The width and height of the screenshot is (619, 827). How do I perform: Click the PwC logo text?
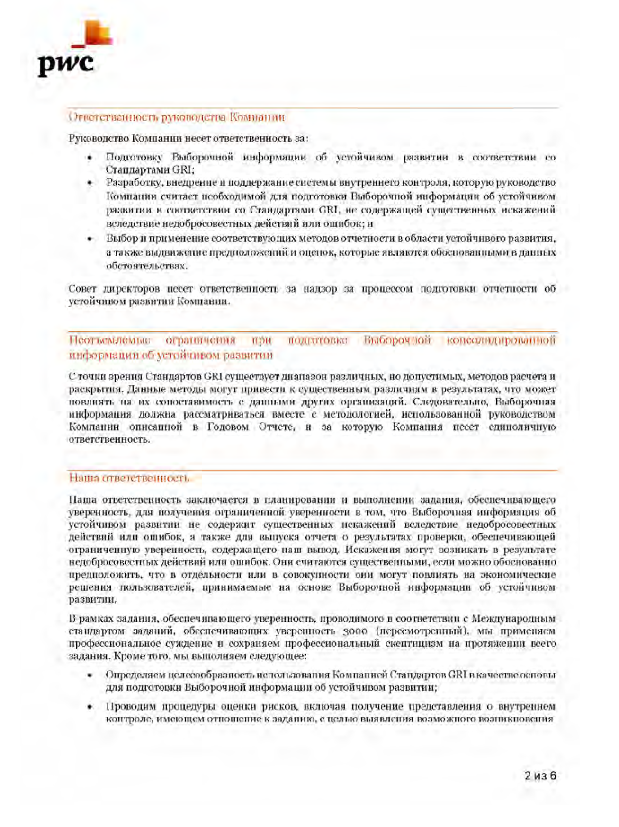click(x=65, y=64)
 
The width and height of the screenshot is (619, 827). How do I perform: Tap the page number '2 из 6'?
click(x=540, y=775)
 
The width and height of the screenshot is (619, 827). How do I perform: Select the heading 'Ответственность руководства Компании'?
click(x=177, y=117)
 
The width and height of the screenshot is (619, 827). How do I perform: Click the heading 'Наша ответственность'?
click(x=129, y=478)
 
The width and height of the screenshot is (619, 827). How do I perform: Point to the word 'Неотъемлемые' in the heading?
click(x=110, y=340)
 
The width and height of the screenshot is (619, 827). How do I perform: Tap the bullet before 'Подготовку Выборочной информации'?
click(x=90, y=158)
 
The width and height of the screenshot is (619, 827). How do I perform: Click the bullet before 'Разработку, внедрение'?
click(x=90, y=183)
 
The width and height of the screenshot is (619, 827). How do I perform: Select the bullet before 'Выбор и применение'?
click(x=90, y=239)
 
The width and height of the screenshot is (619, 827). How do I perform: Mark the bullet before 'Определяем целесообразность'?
click(x=90, y=675)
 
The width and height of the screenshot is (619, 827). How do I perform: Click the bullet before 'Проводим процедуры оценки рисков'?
click(x=90, y=707)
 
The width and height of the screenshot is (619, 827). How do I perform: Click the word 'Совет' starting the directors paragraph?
click(x=82, y=289)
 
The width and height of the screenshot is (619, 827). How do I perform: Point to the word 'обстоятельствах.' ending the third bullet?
click(x=146, y=266)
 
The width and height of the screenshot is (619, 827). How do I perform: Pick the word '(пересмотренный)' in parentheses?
click(x=422, y=631)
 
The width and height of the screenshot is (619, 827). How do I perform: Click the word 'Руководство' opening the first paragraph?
click(x=98, y=138)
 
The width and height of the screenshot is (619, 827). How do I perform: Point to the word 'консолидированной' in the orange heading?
click(x=501, y=340)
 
